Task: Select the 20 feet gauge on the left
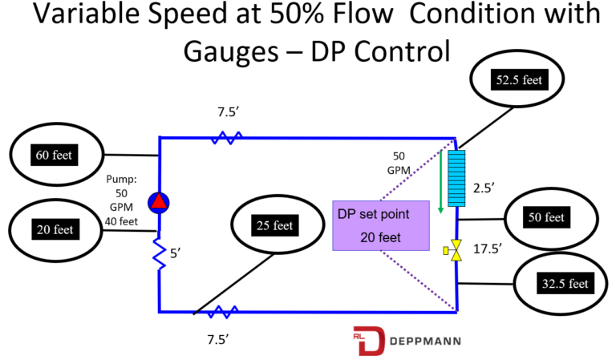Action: pos(54,229)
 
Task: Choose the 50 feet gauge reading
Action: pos(545,217)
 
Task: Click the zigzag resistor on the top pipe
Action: pos(227,138)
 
